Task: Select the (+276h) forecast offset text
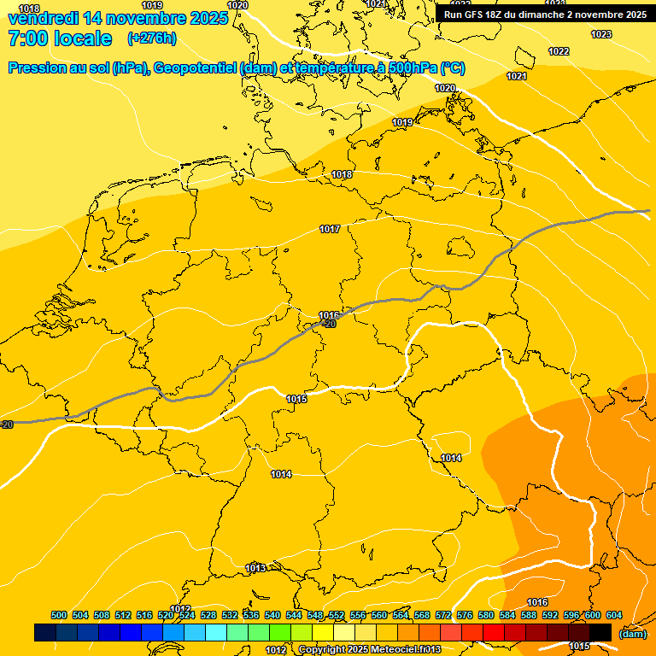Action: click(x=152, y=38)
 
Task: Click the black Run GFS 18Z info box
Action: click(x=545, y=15)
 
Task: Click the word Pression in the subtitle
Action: click(x=40, y=68)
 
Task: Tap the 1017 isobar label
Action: click(x=331, y=229)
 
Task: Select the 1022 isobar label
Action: click(x=559, y=51)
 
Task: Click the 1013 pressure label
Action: click(x=255, y=568)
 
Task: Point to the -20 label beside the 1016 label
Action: click(x=330, y=324)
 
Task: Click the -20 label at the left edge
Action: click(x=7, y=425)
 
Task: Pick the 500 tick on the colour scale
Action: click(x=59, y=615)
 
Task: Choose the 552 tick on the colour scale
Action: click(x=337, y=615)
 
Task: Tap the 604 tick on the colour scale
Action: click(x=614, y=615)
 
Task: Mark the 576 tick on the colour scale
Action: click(x=465, y=615)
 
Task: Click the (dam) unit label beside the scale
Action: click(x=632, y=633)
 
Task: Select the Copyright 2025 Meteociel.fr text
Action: click(x=369, y=650)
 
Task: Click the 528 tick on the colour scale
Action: click(x=208, y=615)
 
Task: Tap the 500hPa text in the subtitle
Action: click(x=390, y=68)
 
